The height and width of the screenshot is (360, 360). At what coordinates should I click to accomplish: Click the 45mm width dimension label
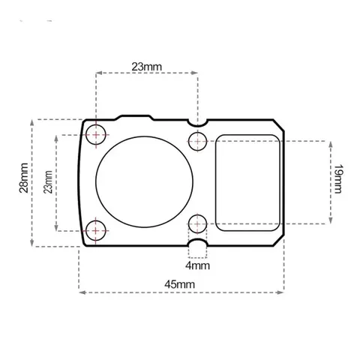click(x=179, y=284)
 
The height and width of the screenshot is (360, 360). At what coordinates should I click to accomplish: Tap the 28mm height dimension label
click(x=24, y=178)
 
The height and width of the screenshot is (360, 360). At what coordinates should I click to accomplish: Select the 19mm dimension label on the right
click(x=337, y=179)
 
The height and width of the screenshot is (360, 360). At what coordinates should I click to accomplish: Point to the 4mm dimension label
click(x=197, y=265)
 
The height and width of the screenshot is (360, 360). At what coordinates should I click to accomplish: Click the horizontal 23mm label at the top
click(x=147, y=67)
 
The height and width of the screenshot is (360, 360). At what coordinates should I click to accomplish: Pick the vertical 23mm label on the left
click(x=48, y=182)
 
